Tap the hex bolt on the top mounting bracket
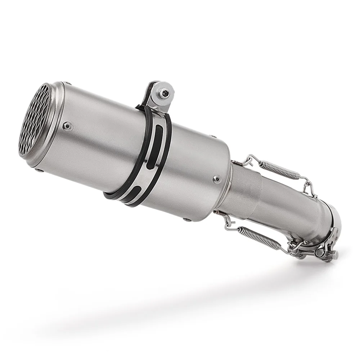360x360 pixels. (165, 93)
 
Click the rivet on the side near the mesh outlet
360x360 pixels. (67, 126)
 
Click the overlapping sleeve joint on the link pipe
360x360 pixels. (248, 194)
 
